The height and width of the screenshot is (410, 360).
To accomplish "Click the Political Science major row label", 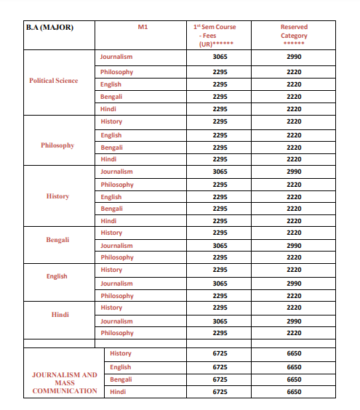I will [53, 81].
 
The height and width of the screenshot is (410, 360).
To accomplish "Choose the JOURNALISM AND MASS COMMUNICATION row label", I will [64, 383].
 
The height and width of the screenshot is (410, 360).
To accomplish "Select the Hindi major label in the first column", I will [60, 314].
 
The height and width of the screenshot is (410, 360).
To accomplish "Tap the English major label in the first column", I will [57, 276].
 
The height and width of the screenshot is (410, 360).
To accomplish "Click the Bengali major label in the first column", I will [57, 239].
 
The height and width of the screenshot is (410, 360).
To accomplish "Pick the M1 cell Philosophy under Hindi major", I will [117, 333].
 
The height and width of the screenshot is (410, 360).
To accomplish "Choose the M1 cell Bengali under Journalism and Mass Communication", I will [121, 379].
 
